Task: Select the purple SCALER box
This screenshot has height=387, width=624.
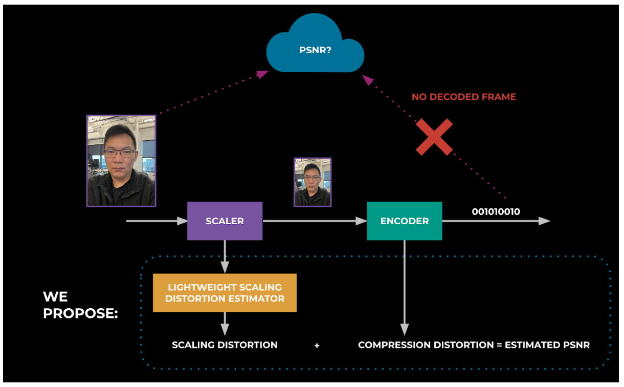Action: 225,221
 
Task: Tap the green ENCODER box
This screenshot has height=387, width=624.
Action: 404,221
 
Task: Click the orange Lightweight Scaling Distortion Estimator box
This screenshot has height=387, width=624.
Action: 225,293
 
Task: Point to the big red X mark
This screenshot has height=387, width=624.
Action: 434,137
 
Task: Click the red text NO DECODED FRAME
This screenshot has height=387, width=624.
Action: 463,97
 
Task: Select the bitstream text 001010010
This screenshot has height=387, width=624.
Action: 496,211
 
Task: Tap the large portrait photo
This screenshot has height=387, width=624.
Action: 121,161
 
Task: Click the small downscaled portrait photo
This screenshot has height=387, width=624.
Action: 312,182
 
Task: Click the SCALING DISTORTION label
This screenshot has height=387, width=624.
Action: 225,345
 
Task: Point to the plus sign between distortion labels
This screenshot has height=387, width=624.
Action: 317,346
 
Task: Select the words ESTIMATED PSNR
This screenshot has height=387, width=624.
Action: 547,345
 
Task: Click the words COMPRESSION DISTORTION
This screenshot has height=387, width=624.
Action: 426,345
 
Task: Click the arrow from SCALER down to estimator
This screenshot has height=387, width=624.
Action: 225,256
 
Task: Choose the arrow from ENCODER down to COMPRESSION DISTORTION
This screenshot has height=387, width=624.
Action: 404,287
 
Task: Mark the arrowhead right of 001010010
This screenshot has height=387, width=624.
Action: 544,221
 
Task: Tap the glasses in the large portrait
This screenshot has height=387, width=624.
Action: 119,153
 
